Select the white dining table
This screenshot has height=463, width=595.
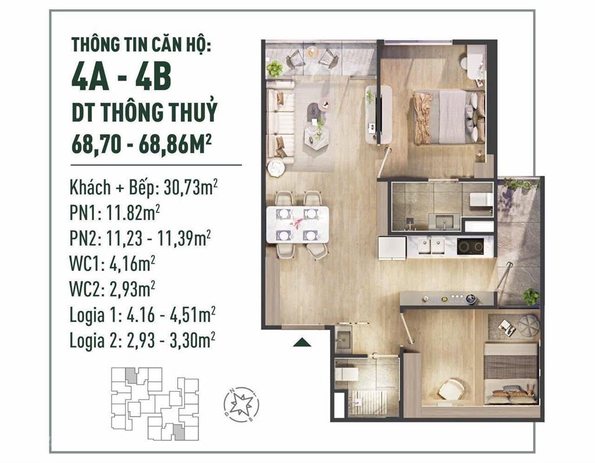pos(297,223)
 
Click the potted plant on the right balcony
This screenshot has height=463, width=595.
pos(530,296)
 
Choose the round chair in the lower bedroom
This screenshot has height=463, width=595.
pos(451,388)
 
